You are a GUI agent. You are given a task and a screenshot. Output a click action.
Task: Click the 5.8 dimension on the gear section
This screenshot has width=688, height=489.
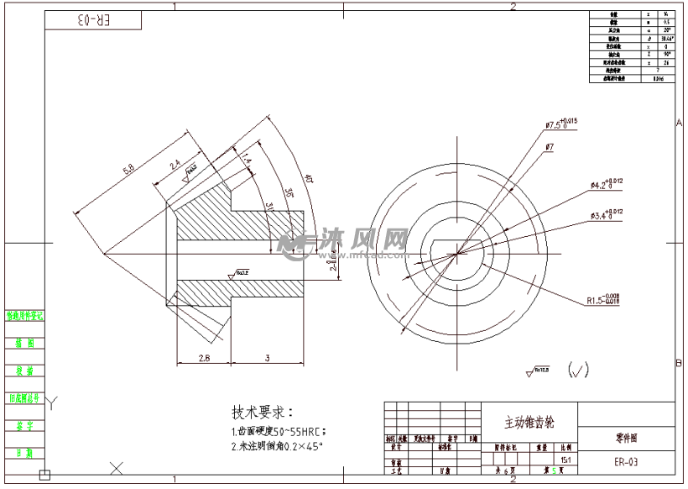[129, 171]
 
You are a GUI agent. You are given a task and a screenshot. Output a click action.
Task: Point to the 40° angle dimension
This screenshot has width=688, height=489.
[309, 178]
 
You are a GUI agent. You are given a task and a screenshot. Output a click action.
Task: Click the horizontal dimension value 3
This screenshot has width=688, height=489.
[266, 358]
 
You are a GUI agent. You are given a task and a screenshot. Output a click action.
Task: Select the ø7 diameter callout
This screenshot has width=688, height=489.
[549, 147]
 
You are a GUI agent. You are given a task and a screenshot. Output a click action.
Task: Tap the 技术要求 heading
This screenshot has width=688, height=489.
[263, 413]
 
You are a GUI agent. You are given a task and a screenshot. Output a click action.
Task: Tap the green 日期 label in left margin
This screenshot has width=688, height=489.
[24, 453]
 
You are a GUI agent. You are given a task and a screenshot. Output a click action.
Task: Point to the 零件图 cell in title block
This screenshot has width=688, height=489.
[625, 438]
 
